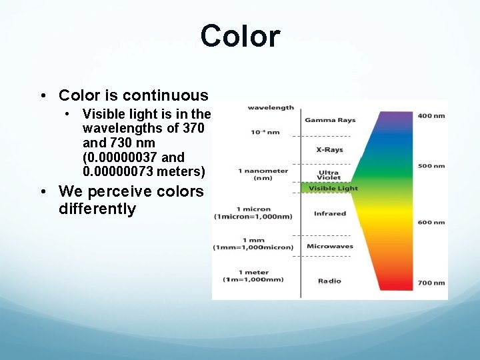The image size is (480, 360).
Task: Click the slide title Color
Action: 240,36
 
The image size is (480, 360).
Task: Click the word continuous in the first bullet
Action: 165,95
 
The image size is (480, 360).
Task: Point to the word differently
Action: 97,209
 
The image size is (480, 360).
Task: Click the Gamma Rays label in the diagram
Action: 330,121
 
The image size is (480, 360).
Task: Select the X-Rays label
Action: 330,149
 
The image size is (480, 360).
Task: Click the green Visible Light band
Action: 330,188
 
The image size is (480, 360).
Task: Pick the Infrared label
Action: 330,214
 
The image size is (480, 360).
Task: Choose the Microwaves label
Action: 330,247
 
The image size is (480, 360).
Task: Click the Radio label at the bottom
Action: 330,281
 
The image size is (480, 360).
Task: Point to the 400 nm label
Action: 431,116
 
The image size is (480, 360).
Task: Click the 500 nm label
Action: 431,166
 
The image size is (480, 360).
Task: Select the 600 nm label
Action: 431,223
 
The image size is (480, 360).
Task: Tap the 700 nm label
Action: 431,283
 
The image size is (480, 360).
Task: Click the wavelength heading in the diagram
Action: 271,107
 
